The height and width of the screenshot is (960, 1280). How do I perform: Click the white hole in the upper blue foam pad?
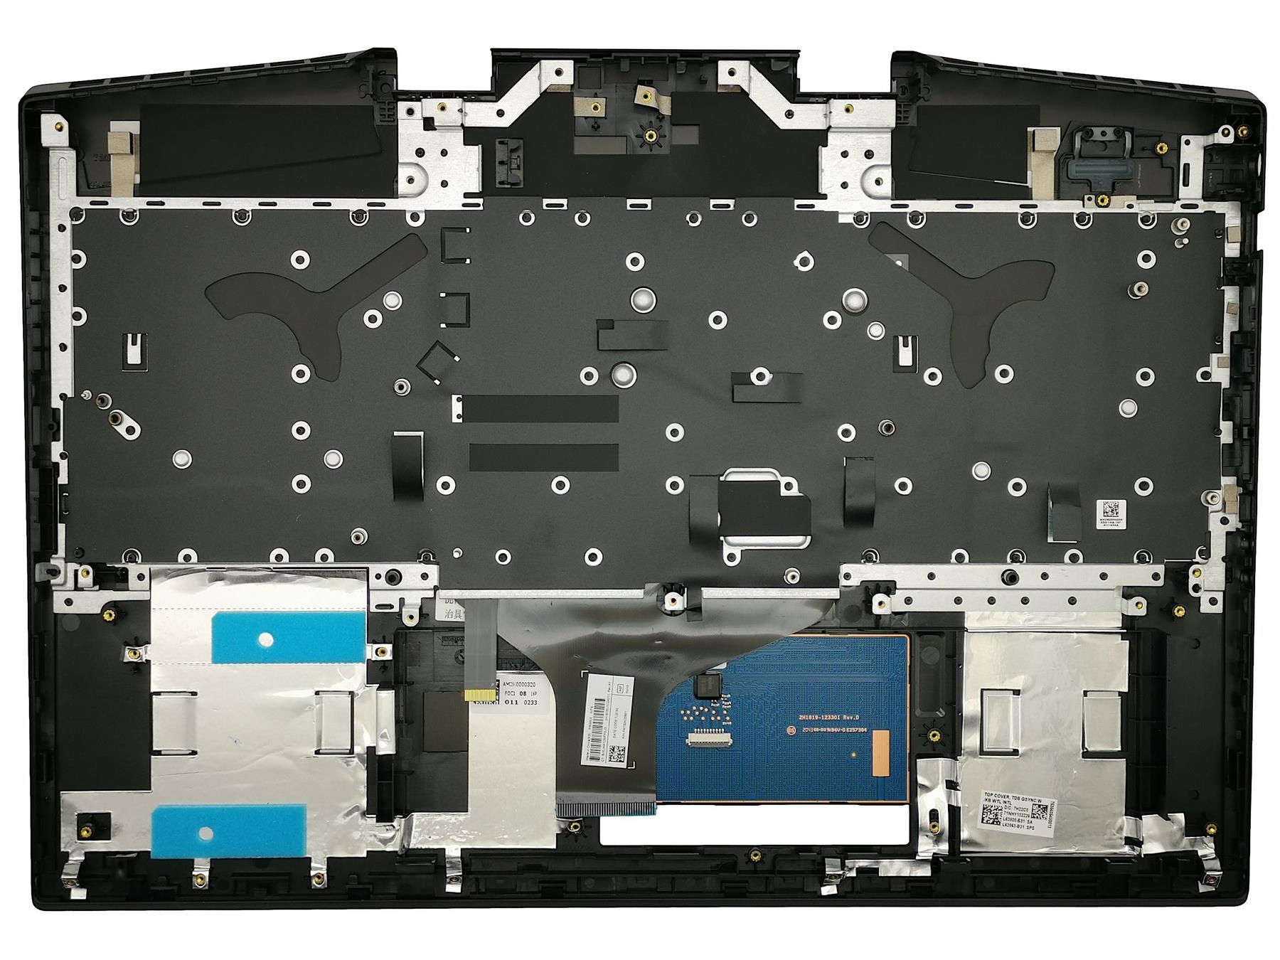pyautogui.click(x=266, y=639)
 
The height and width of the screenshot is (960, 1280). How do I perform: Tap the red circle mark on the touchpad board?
pyautogui.click(x=790, y=731)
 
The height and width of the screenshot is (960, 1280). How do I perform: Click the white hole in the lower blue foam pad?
pyautogui.click(x=206, y=833)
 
